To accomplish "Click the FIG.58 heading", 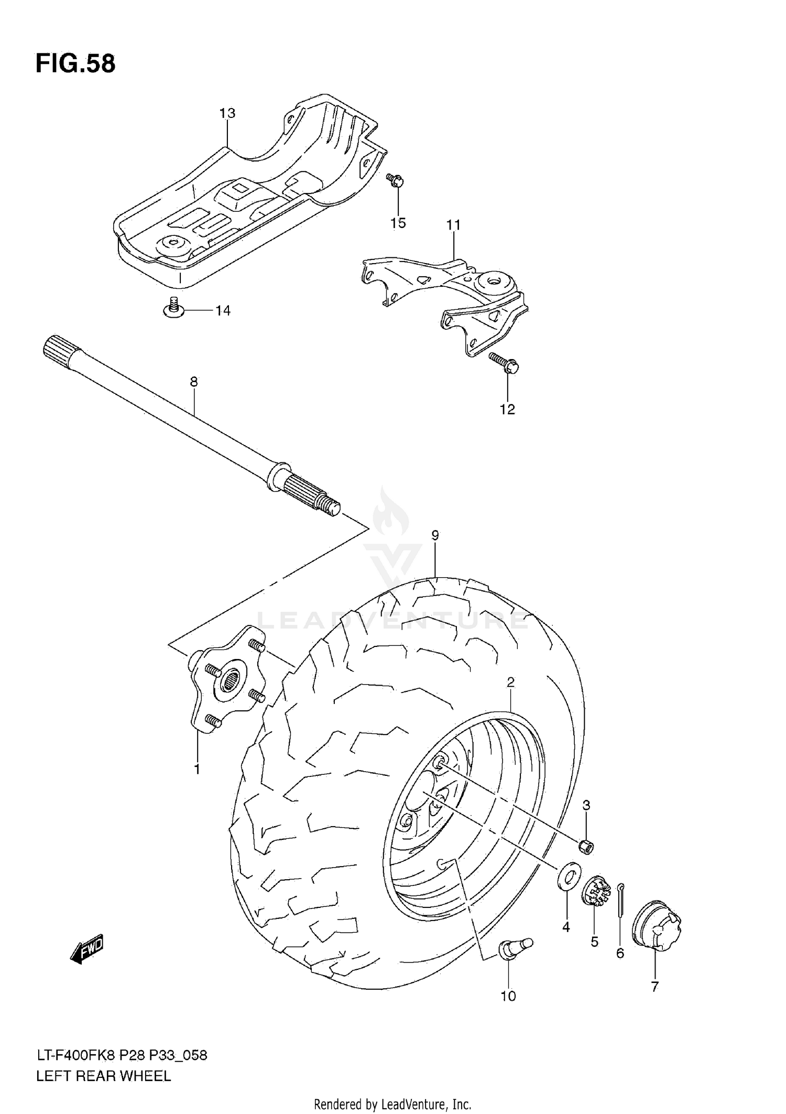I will click(x=75, y=64).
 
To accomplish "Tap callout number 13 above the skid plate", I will click(x=227, y=113).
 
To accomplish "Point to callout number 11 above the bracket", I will click(x=453, y=225).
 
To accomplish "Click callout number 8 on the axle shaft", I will click(x=194, y=382).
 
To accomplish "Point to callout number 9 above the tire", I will click(x=435, y=535).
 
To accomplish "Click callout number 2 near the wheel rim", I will click(x=510, y=682).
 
